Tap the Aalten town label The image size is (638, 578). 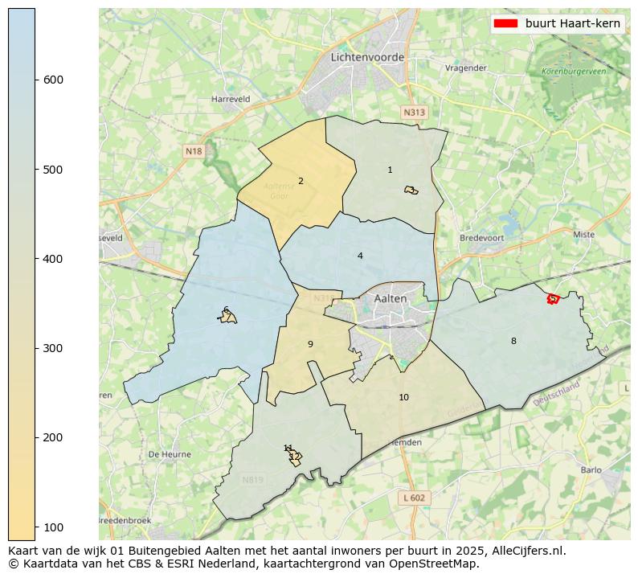click(391, 298)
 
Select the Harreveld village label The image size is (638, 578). click(231, 99)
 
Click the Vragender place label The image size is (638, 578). click(466, 68)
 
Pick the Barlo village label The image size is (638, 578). click(591, 470)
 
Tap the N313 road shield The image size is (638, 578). click(414, 113)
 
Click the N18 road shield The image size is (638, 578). click(194, 151)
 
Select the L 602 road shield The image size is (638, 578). click(415, 498)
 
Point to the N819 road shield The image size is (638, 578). click(253, 480)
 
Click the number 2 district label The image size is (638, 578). click(301, 181)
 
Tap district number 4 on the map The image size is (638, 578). click(360, 256)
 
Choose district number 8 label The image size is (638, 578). click(513, 341)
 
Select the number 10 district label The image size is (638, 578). click(403, 397)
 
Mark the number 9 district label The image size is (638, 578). click(310, 344)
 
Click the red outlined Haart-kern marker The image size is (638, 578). click(553, 299)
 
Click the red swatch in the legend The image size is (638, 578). click(505, 23)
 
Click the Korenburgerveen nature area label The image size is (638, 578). click(574, 72)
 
